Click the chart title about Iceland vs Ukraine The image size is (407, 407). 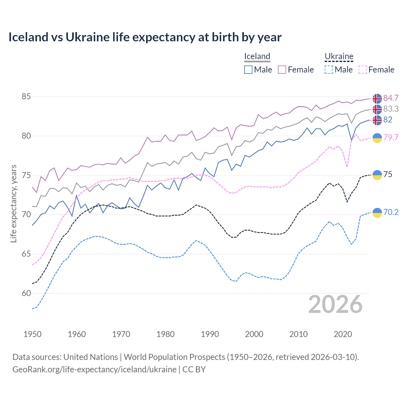pos(145,37)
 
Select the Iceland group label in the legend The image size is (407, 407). pos(257,56)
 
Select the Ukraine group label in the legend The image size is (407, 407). pos(339,56)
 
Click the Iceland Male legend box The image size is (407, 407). pos(248,70)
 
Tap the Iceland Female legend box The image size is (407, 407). pos(282,70)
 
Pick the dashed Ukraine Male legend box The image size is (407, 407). pos(329,70)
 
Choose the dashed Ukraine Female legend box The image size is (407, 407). pos(363,70)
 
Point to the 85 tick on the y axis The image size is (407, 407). pos(26,96)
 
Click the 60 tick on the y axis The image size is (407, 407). pos(26,293)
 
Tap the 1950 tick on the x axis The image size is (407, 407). pos(32,334)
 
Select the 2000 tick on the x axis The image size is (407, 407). pos(254,334)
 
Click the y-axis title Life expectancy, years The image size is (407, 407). pos(13,203)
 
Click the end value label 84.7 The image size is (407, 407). pos(391,98)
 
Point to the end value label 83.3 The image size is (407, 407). pos(391,109)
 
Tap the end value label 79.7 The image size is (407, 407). pos(391,137)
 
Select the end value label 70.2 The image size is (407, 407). pos(391,212)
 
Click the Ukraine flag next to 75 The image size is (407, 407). pos(377,175)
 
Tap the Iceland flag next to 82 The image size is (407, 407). pos(377,120)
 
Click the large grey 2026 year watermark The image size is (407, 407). pos(335,304)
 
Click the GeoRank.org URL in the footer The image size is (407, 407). pos(94,369)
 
